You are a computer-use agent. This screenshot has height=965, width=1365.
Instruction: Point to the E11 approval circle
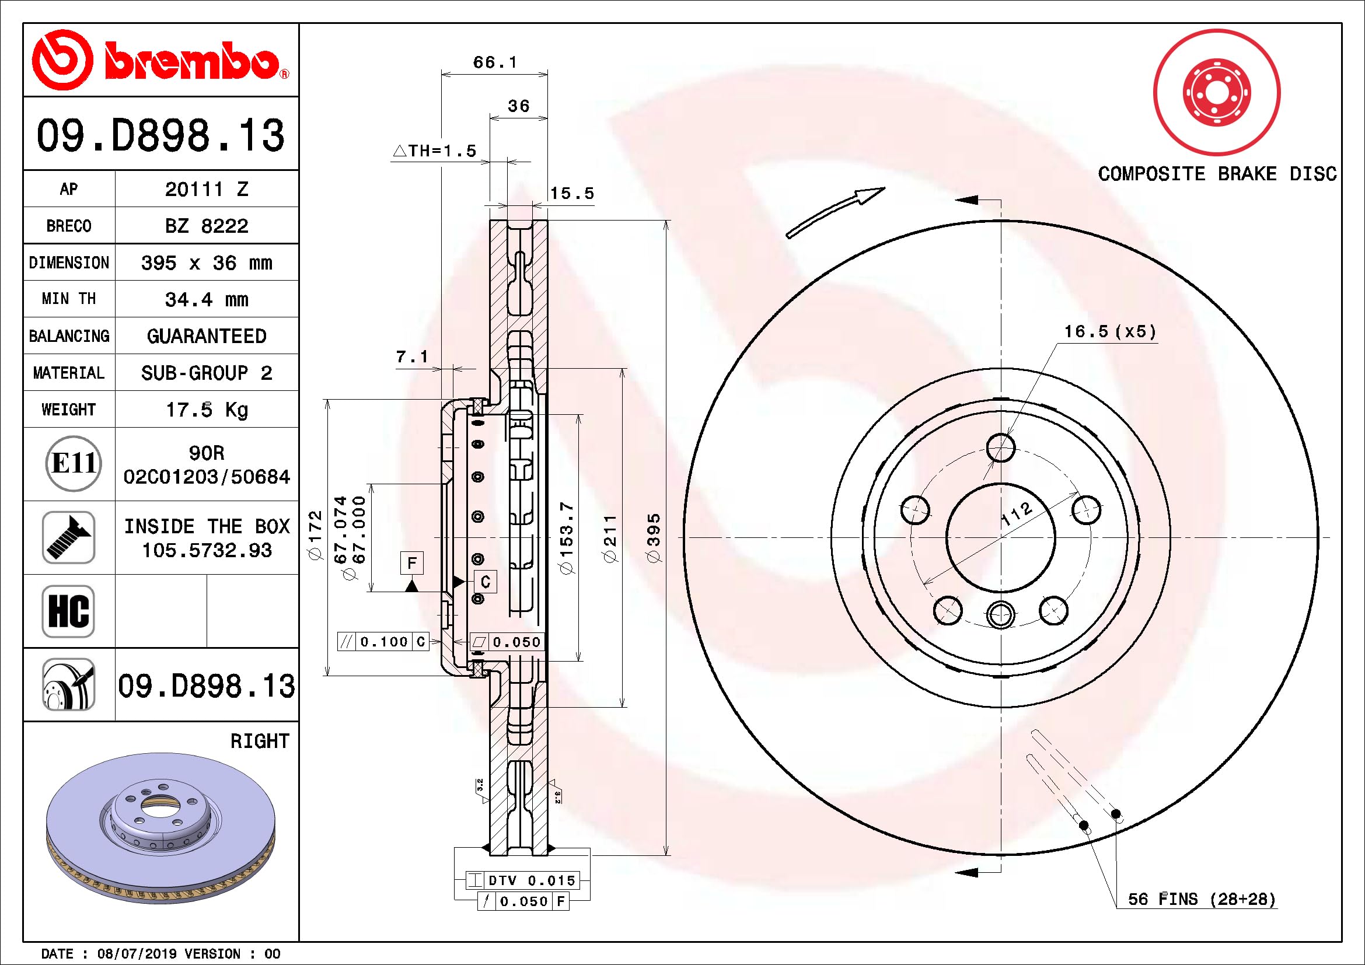tap(74, 463)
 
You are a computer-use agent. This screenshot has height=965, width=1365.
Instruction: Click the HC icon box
tap(68, 611)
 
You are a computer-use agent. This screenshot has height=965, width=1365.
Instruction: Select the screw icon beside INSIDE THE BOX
tap(68, 537)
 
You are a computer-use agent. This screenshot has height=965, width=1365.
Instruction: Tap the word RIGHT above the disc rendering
tap(260, 741)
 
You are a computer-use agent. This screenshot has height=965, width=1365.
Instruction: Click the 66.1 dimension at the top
tap(495, 62)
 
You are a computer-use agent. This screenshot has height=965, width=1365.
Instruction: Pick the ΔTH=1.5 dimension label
tap(435, 151)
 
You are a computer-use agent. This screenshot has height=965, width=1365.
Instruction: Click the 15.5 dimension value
tap(572, 193)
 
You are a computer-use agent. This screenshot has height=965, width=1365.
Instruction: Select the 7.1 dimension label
tap(412, 356)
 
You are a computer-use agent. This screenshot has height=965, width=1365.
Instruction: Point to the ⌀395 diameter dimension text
tap(654, 539)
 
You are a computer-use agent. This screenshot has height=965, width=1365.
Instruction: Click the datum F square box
tap(412, 562)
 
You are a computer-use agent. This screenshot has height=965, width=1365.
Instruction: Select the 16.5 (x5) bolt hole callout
tap(1110, 331)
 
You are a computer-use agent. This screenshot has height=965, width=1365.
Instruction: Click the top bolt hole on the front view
tap(1001, 447)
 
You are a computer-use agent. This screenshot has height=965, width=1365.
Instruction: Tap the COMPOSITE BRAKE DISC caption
tap(1217, 173)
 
